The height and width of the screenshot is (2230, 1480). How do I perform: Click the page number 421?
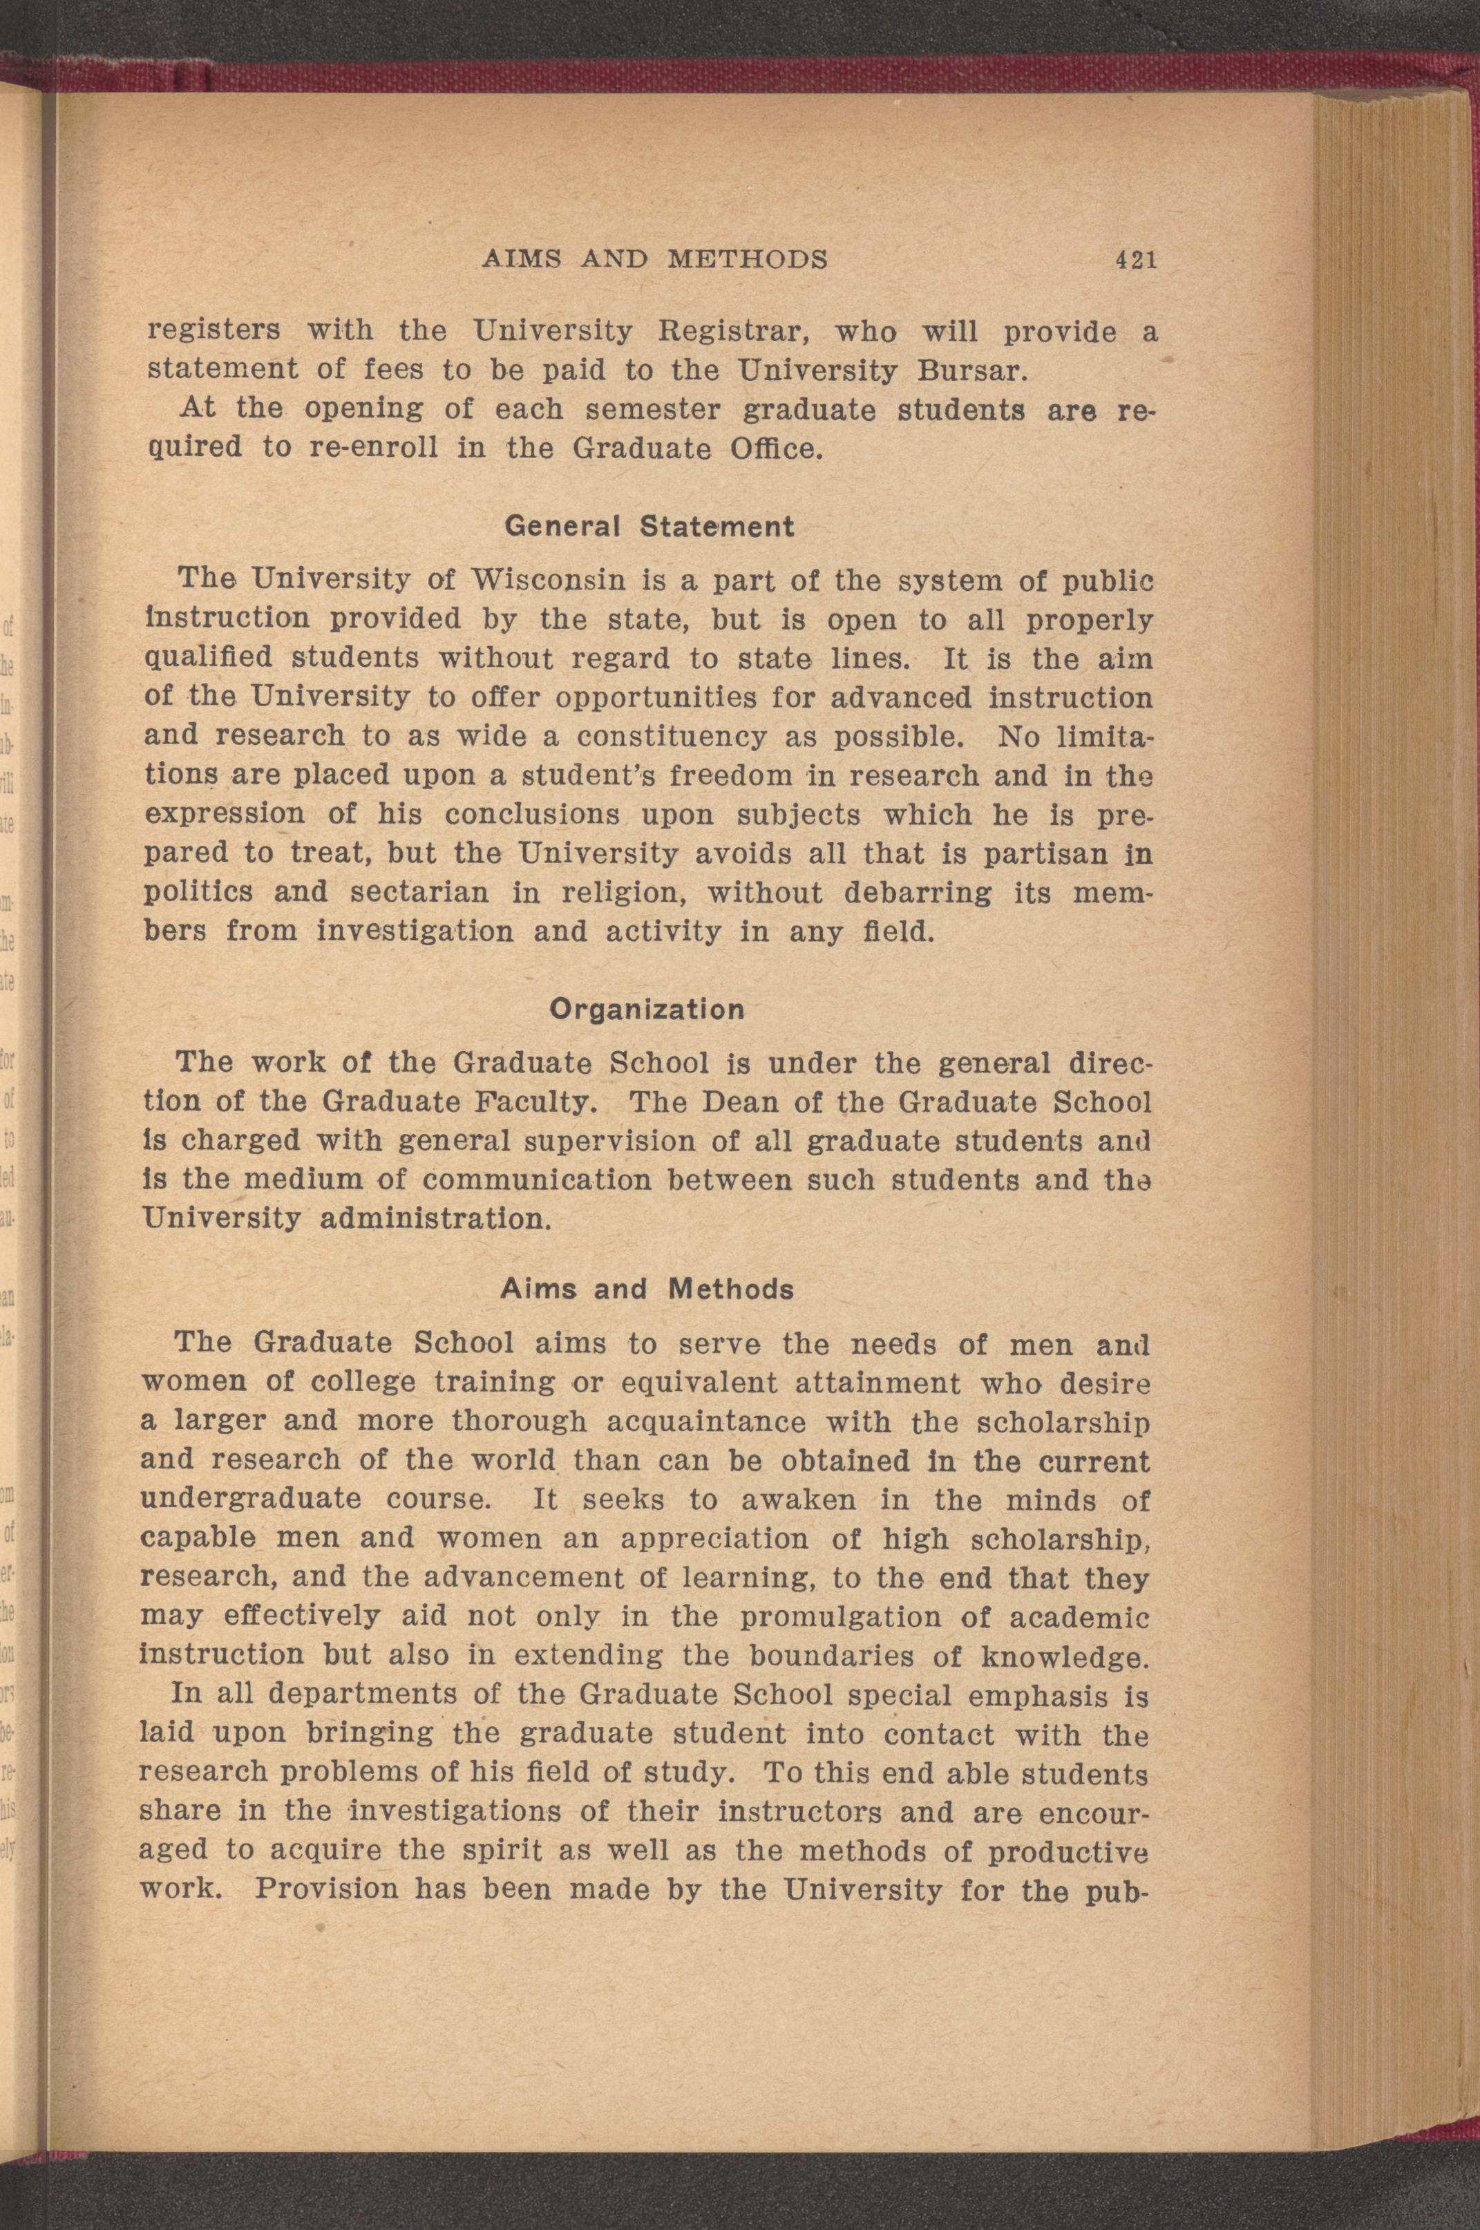click(x=1135, y=260)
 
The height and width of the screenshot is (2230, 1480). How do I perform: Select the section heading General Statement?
click(x=649, y=526)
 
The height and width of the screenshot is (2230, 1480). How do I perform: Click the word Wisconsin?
click(x=550, y=578)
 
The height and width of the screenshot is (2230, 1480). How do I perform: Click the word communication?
click(x=538, y=1180)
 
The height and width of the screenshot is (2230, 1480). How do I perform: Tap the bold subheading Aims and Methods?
click(x=647, y=1289)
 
